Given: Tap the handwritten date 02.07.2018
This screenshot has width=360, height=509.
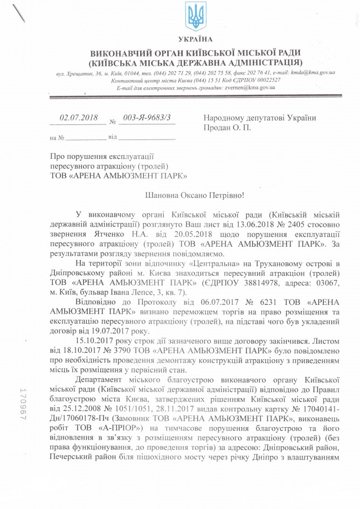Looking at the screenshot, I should tap(78, 117).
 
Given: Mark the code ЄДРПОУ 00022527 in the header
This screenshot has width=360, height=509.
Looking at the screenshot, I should tap(266, 80).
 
